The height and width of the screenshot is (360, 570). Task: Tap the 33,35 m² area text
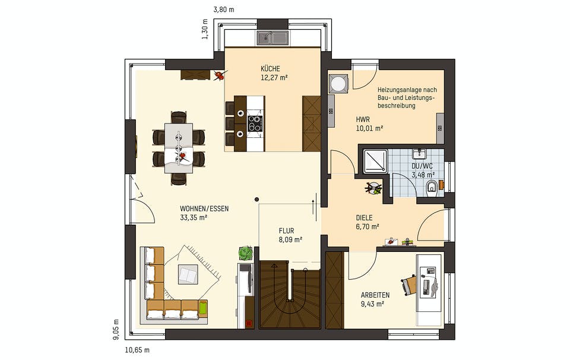point(194,217)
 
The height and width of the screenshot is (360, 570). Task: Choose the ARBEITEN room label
point(375,295)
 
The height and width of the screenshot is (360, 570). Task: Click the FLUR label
point(287,230)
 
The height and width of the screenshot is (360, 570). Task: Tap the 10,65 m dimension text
point(137,350)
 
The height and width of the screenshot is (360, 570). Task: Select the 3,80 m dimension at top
point(223,10)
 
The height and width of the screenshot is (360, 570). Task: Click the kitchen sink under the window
point(273,39)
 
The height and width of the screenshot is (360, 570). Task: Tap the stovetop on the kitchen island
point(255,124)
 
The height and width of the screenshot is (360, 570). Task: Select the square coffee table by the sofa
point(188,275)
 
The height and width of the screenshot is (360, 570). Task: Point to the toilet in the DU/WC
point(432,188)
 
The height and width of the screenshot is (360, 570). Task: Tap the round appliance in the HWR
point(340,84)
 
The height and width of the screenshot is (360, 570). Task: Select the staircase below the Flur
point(290,295)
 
